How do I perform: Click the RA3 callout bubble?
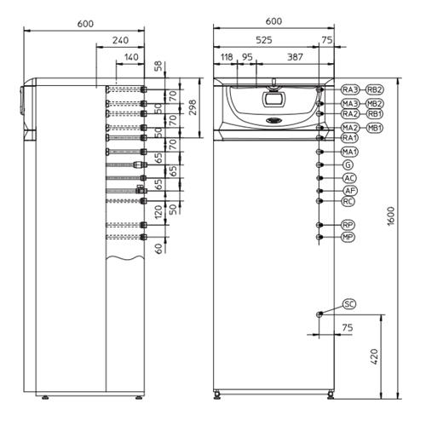pyautogui.click(x=350, y=89)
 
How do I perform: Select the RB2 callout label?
pyautogui.click(x=374, y=89)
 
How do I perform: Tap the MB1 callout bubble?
pyautogui.click(x=374, y=128)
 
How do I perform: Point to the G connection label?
pyautogui.click(x=348, y=164)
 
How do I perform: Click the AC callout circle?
pyautogui.click(x=349, y=178)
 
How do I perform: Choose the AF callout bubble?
pyautogui.click(x=349, y=191)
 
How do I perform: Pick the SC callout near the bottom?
pyautogui.click(x=349, y=304)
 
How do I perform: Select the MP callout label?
pyautogui.click(x=348, y=237)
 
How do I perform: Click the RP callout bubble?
pyautogui.click(x=348, y=225)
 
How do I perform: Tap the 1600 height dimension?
pyautogui.click(x=391, y=216)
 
